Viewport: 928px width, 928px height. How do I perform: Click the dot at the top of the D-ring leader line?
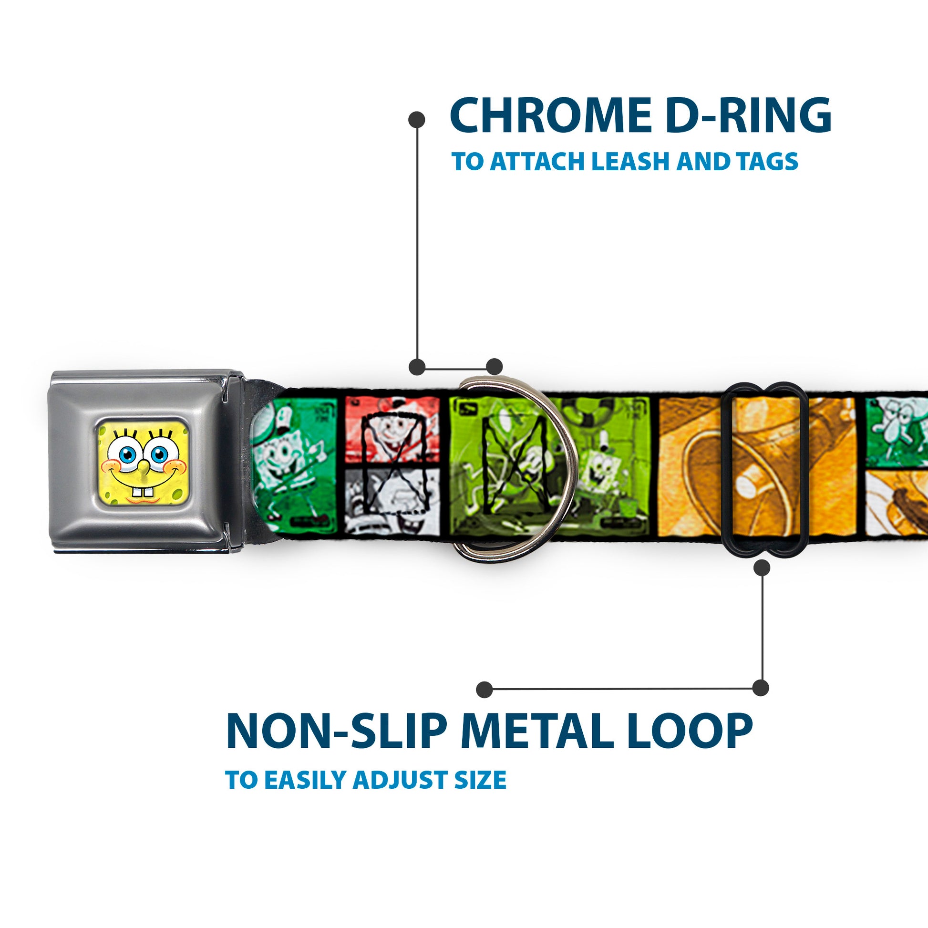click(416, 120)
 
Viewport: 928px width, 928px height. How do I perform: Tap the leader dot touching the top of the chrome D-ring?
click(494, 367)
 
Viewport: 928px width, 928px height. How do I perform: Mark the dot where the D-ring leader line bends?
click(417, 367)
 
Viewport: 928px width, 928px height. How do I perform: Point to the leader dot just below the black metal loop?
click(762, 568)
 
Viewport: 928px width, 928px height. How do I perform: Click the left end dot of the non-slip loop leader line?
click(485, 690)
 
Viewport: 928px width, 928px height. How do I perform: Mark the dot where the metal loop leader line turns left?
click(760, 688)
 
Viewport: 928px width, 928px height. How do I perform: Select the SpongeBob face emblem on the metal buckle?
click(143, 459)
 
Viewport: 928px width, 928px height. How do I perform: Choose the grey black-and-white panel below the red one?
click(392, 501)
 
